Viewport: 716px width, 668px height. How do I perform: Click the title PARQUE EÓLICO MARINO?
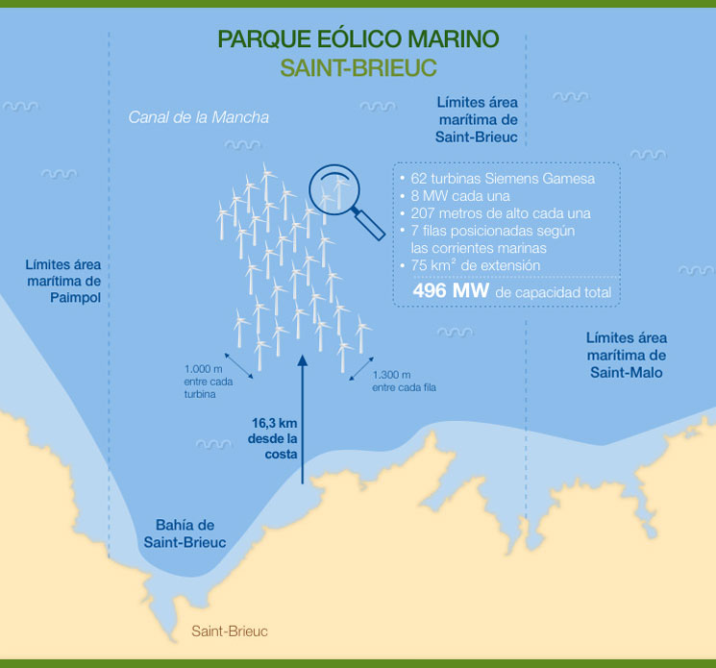(358, 39)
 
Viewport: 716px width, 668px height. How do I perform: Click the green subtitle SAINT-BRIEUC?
(358, 68)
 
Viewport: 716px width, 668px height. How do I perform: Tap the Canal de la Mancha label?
(199, 117)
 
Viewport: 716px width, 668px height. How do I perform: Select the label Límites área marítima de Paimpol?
(63, 280)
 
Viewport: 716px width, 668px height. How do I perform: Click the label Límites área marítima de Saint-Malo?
(626, 355)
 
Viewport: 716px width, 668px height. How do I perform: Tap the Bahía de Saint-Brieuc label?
(185, 533)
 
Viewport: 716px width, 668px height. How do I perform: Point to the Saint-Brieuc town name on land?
(229, 631)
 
